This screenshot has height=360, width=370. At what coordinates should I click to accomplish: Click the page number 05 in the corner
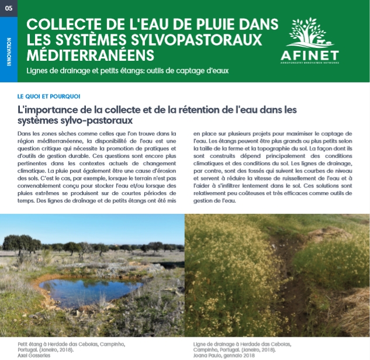tap(8, 8)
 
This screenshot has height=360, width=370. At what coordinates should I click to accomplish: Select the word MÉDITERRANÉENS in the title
tap(91, 55)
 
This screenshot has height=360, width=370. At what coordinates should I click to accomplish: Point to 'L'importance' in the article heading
tap(51, 109)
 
